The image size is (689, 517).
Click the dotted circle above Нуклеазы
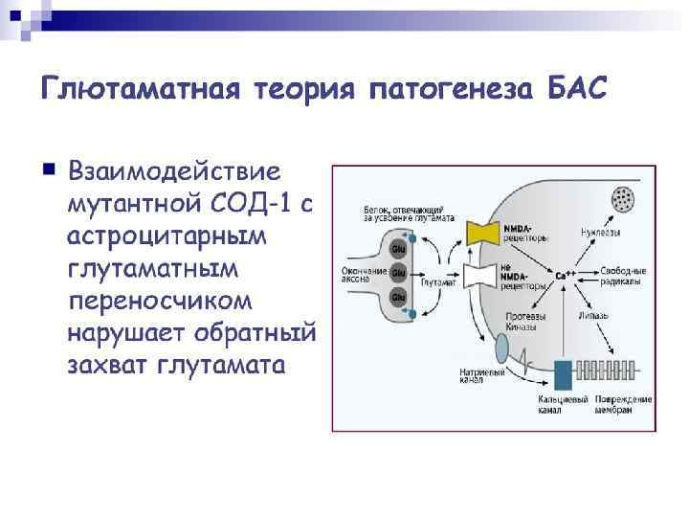click(624, 200)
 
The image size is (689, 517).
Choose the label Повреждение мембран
click(622, 403)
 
